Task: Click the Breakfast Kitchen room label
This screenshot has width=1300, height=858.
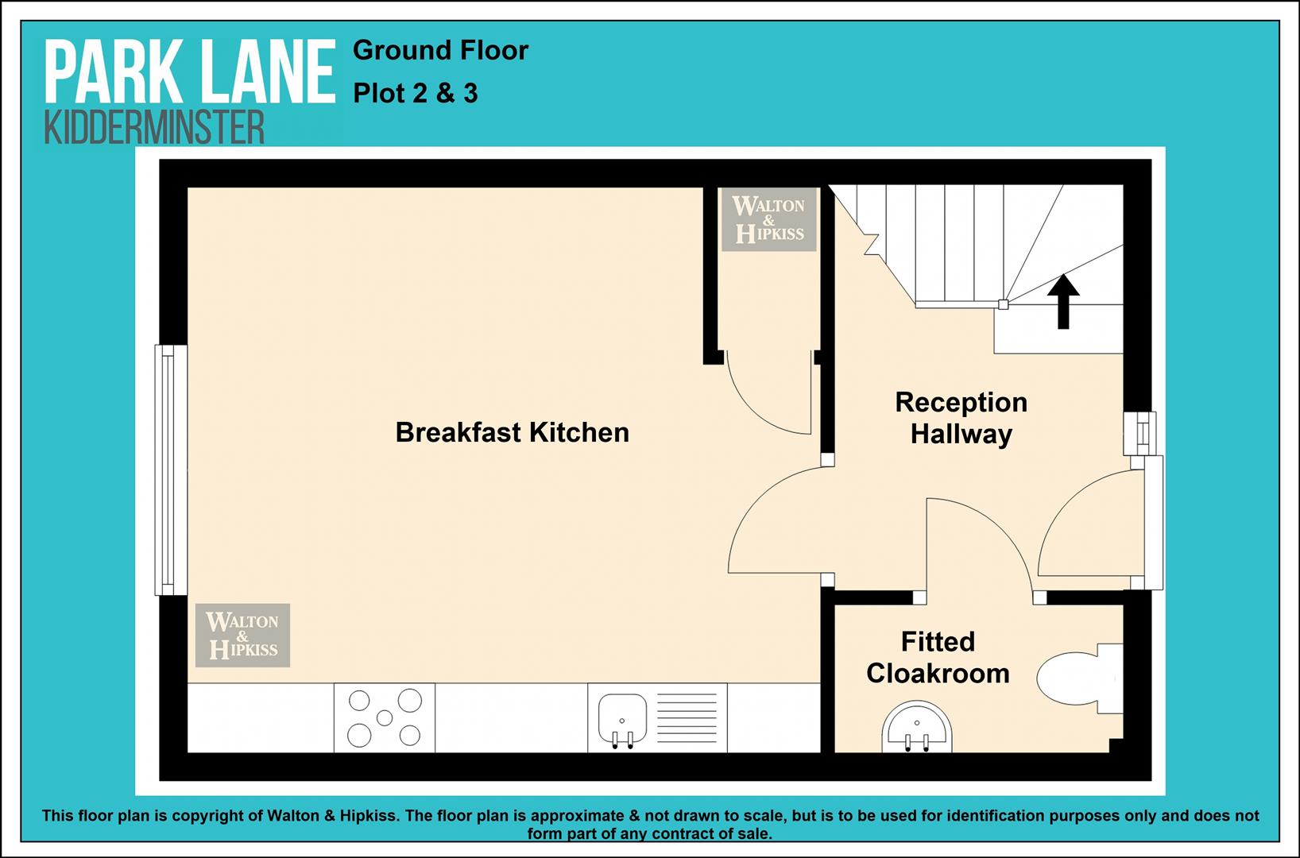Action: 512,432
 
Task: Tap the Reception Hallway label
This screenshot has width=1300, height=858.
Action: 961,418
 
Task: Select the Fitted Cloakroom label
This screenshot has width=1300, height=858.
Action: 938,658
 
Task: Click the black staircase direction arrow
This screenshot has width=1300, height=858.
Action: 1063,301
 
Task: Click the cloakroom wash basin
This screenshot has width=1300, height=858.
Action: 917,728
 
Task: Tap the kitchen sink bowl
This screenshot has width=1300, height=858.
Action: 622,718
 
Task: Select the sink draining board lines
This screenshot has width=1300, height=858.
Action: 687,717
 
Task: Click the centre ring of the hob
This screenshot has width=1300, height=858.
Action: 385,718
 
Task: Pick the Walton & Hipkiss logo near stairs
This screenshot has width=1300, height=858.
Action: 769,219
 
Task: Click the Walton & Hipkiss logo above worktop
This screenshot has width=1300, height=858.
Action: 242,636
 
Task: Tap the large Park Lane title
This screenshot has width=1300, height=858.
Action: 191,72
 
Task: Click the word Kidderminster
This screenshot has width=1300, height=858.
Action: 154,127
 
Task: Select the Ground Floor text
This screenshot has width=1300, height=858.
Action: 440,51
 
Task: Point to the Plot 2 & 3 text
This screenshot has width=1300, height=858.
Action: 416,94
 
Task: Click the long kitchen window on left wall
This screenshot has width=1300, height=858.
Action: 171,470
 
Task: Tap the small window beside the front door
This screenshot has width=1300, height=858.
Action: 1140,433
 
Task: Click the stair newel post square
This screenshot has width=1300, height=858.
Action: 1003,304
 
